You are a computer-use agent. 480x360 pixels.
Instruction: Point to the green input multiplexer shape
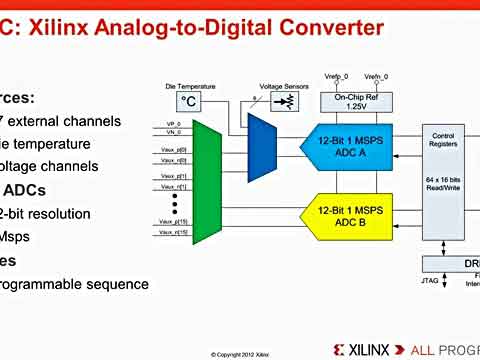[x=206, y=179]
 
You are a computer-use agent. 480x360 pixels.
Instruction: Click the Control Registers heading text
[x=442, y=139]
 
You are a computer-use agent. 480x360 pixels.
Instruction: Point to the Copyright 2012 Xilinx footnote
[x=240, y=354]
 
